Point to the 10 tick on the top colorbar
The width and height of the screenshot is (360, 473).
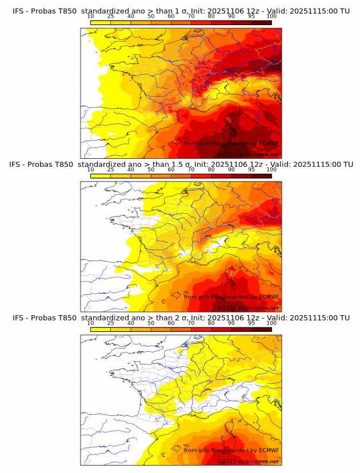91,16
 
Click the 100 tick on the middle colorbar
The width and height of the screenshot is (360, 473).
271,170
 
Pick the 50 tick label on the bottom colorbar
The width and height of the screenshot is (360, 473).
151,323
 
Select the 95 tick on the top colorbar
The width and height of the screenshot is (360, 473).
251,16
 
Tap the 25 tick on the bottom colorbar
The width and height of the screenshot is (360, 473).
111,323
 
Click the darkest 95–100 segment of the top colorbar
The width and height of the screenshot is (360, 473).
262,22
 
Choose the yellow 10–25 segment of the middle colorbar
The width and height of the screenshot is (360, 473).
101,175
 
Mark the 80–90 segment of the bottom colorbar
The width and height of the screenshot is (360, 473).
221,329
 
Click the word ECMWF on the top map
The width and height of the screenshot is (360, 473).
269,143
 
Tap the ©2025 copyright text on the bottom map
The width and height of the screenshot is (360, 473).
227,461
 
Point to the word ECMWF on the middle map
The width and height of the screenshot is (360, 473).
269,296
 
